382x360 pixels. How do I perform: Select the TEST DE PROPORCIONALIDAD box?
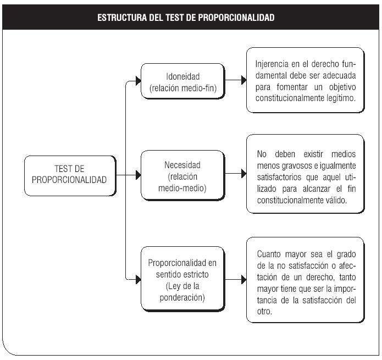tap(70, 176)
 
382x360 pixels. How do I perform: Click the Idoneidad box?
tap(182, 81)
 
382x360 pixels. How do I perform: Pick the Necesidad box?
tap(182, 175)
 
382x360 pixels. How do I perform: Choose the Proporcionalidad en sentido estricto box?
tap(182, 279)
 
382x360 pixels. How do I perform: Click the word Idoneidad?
tap(182, 76)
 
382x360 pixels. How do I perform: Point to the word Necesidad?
tap(182, 165)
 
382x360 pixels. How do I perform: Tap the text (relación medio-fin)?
tap(183, 88)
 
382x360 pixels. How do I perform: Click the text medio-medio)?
tap(182, 188)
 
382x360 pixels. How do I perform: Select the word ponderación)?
tap(182, 297)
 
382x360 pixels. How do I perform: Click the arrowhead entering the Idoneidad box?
tap(138, 81)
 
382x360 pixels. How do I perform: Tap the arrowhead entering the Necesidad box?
tap(138, 175)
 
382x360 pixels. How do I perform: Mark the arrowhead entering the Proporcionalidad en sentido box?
tap(138, 279)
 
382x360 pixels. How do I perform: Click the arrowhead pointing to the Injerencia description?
tap(243, 80)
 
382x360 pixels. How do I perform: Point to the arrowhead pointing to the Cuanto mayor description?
tap(243, 279)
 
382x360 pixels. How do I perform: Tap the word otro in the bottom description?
tap(264, 311)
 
